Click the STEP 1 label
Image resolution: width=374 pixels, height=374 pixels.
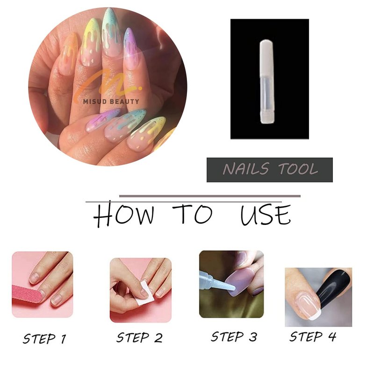tap(44, 338)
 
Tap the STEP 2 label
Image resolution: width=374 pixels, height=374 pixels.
tap(139, 338)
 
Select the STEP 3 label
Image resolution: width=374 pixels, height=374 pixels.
tap(234, 337)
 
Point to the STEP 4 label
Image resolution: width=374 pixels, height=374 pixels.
tap(313, 337)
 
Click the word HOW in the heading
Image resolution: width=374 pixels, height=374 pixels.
tap(123, 215)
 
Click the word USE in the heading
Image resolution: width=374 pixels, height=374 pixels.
tap(266, 215)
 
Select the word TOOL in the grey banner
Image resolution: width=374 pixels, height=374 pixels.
tap(298, 169)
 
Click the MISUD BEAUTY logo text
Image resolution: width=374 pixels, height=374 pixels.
tap(111, 101)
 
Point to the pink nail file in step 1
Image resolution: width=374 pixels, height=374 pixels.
tap(27, 294)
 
